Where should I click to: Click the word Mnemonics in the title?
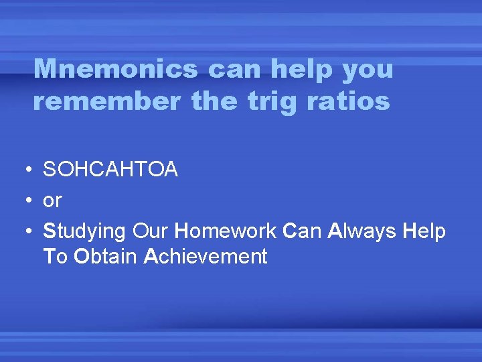[115, 68]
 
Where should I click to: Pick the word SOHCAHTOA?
[110, 170]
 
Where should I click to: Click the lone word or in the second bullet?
[52, 200]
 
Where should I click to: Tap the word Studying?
[84, 231]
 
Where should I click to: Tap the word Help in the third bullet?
[424, 231]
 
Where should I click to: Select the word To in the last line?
[55, 256]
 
